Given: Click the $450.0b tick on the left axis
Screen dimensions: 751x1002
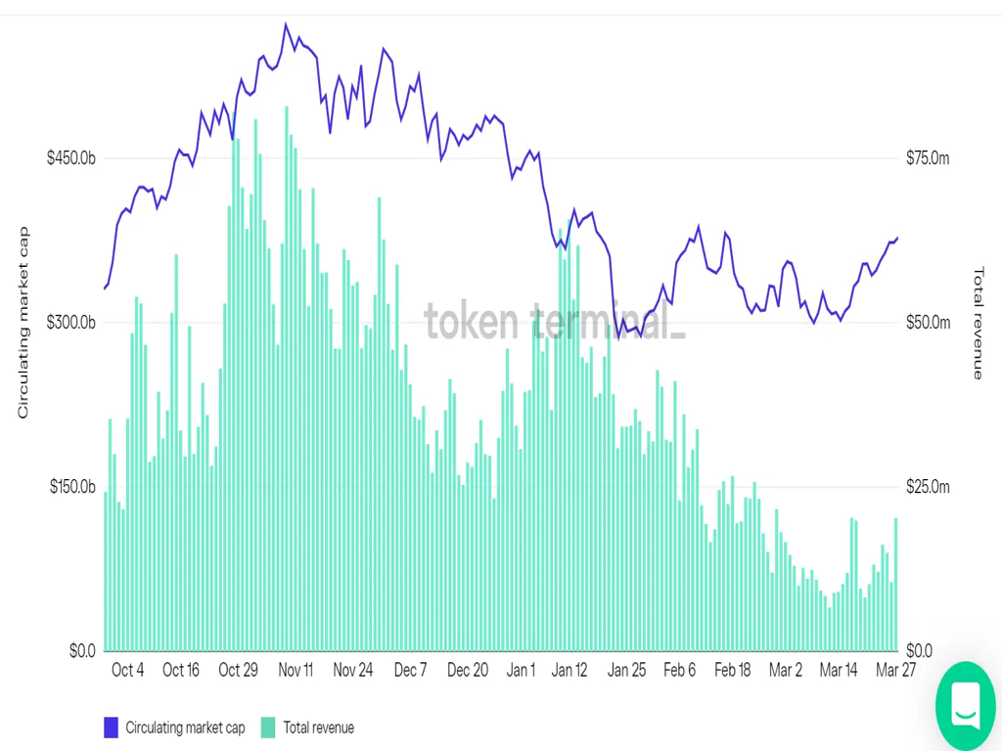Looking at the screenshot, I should click(71, 158).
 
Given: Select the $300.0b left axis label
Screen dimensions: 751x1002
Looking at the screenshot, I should click(71, 323).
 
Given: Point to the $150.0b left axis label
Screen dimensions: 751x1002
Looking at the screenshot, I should click(71, 487).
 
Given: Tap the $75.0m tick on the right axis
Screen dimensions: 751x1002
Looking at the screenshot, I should click(928, 158).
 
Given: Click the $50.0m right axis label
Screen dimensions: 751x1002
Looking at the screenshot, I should click(928, 323).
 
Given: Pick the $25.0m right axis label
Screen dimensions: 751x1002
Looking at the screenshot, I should click(928, 487).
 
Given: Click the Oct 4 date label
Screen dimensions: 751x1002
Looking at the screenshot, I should click(128, 670).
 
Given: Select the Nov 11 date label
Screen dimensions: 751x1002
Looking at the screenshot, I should click(296, 670).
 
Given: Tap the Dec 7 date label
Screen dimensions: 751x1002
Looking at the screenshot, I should click(410, 670).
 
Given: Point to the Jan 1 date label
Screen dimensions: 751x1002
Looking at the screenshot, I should click(521, 670).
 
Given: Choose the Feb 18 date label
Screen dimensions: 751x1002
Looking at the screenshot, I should click(732, 670).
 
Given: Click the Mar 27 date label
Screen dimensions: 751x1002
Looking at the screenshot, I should click(894, 670).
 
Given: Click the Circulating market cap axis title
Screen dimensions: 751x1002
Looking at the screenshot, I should click(23, 323).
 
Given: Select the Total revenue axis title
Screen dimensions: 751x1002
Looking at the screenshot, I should click(977, 323).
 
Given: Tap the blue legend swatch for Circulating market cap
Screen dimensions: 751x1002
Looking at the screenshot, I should click(111, 728).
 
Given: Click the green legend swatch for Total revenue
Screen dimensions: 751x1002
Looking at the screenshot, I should click(268, 728).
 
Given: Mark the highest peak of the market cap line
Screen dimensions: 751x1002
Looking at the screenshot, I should click(286, 24).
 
